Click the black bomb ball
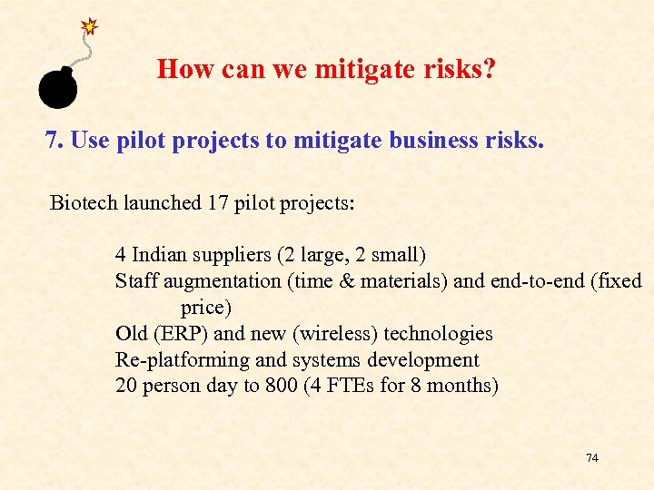[x=56, y=86]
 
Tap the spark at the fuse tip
[x=89, y=26]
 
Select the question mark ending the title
[x=489, y=69]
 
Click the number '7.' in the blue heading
[x=54, y=141]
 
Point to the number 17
[x=219, y=202]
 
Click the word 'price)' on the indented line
[x=206, y=308]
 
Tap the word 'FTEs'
[x=352, y=386]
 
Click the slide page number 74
[x=592, y=458]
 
